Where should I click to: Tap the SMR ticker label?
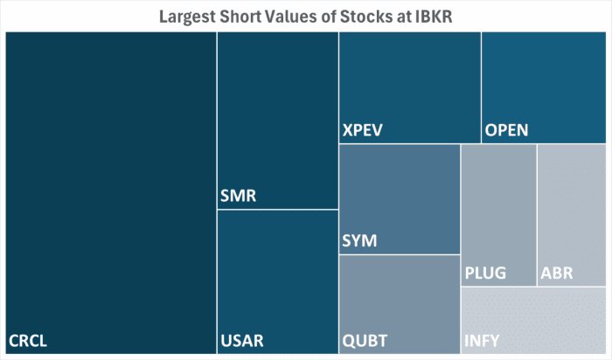pyautogui.click(x=239, y=196)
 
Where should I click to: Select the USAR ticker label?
pyautogui.click(x=242, y=340)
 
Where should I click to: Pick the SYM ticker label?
pyautogui.click(x=359, y=240)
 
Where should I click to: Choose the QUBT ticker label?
pyautogui.click(x=365, y=340)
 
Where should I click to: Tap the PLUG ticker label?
pyautogui.click(x=485, y=273)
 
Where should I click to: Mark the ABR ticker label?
pyautogui.click(x=557, y=273)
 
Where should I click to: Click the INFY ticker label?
pyautogui.click(x=483, y=340)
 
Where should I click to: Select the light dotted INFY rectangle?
pyautogui.click(x=533, y=315)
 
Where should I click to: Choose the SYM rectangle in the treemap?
pyautogui.click(x=399, y=192)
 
